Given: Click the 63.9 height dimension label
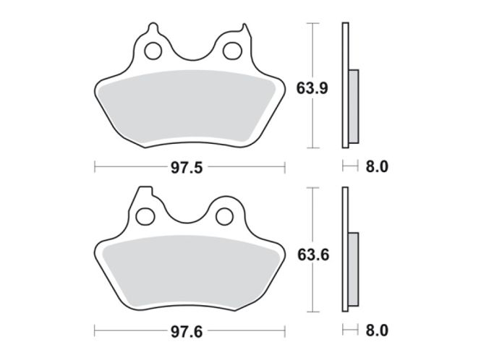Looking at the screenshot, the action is [x=312, y=88].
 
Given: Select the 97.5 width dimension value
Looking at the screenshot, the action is [x=187, y=168].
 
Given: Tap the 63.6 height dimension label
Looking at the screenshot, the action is [x=313, y=255].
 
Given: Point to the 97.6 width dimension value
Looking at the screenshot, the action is [x=187, y=332].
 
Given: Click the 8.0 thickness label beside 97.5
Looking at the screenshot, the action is [x=377, y=167].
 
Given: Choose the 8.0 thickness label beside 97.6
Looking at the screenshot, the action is [x=377, y=330].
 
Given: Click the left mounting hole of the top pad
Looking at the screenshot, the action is [x=153, y=51].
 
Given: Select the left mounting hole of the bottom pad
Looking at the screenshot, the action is [x=145, y=216].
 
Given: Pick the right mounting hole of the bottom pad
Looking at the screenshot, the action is [x=224, y=216].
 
